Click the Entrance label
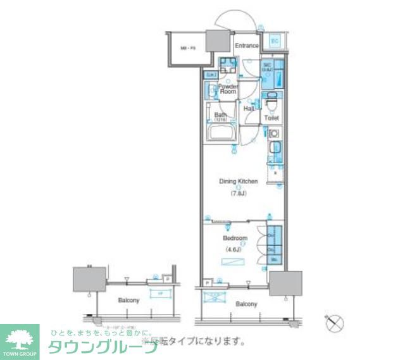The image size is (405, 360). (247, 46)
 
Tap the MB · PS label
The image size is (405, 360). (187, 47)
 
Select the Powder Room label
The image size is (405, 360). (228, 89)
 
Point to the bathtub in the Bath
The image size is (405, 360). (221, 135)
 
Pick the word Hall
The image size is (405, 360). (249, 109)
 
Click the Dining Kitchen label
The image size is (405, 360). (239, 182)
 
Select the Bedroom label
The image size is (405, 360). (235, 239)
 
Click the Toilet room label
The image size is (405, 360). (271, 118)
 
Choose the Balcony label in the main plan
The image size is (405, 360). (246, 304)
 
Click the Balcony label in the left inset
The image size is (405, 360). (128, 300)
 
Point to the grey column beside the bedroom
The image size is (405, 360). (285, 282)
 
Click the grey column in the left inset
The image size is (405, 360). (88, 278)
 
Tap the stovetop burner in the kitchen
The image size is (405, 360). (275, 134)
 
